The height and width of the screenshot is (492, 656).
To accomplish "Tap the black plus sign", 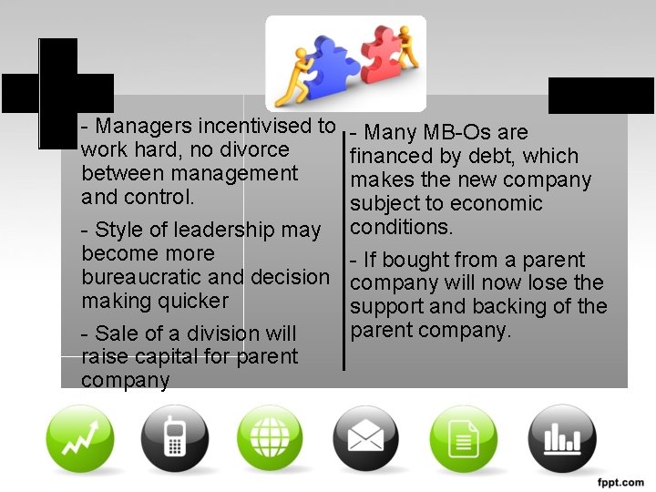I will pyautogui.click(x=57, y=92).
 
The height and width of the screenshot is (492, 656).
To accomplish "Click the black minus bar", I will pyautogui.click(x=601, y=95).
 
